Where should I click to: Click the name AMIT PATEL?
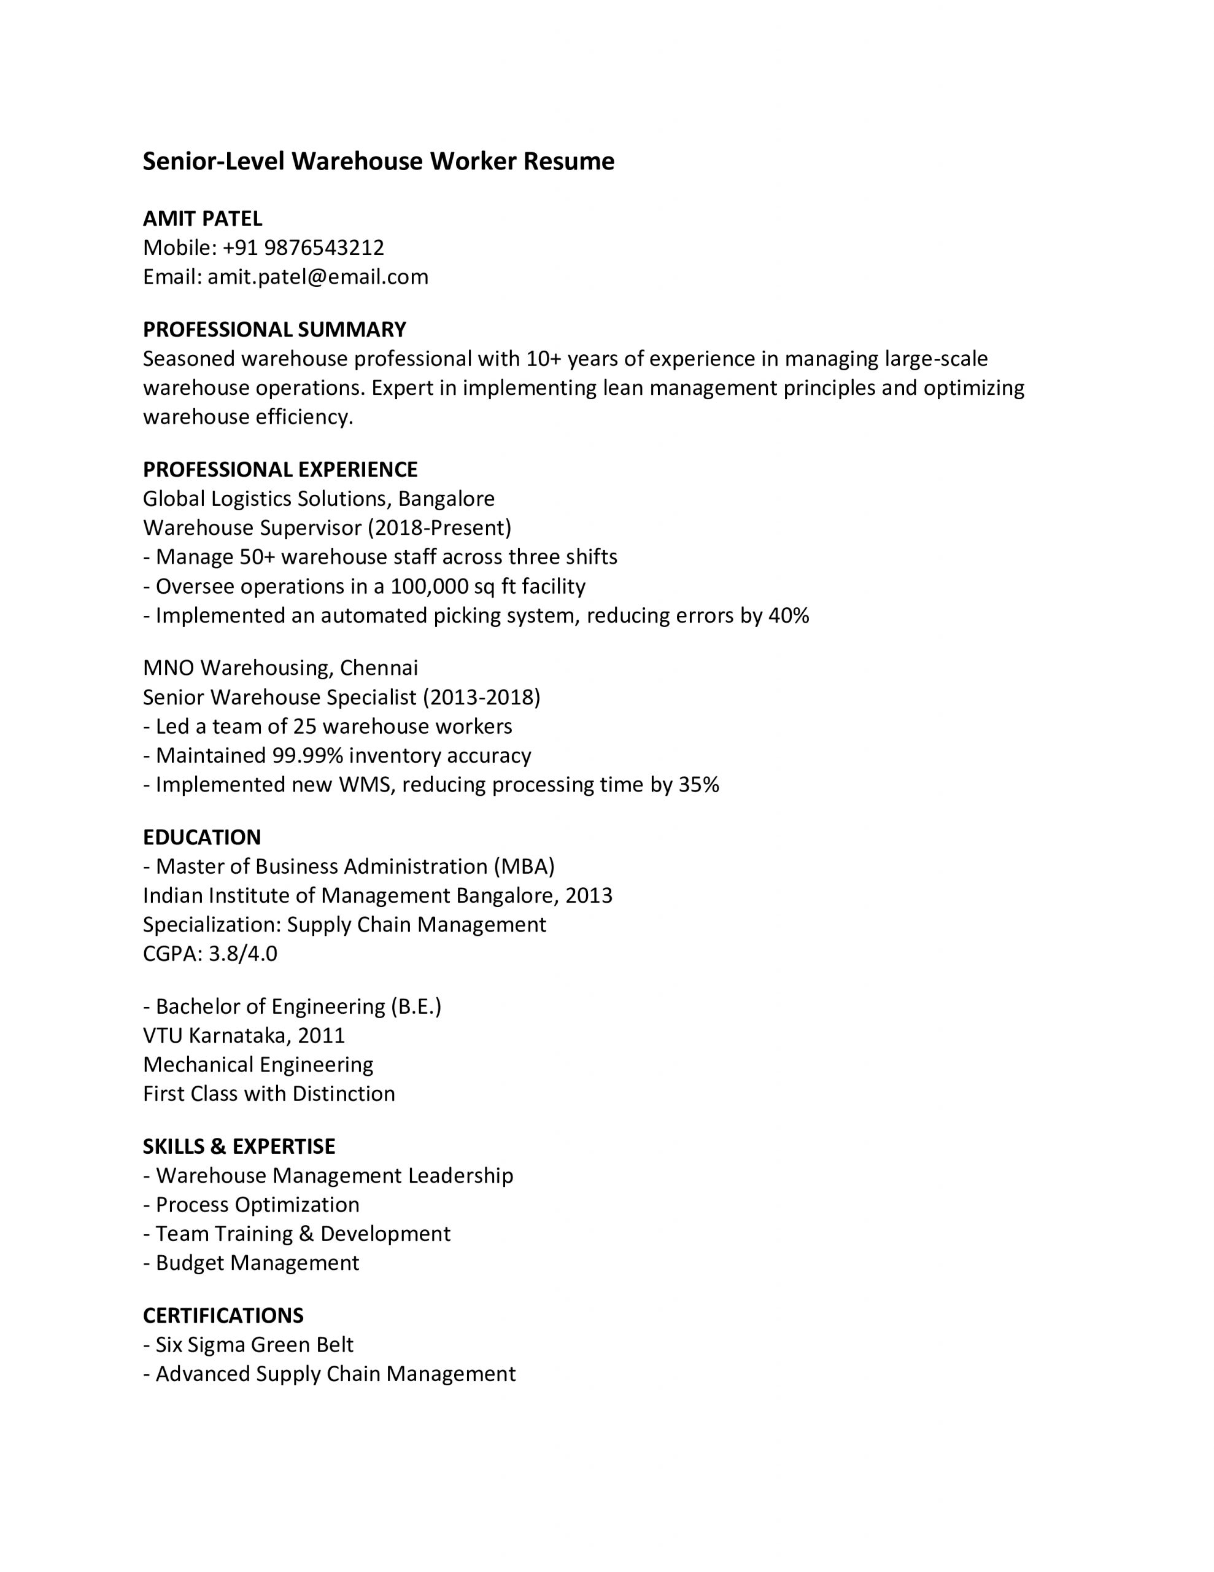pyautogui.click(x=202, y=218)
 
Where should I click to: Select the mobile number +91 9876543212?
pyautogui.click(x=303, y=247)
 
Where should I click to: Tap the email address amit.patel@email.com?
pyautogui.click(x=317, y=277)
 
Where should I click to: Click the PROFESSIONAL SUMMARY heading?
pyautogui.click(x=274, y=330)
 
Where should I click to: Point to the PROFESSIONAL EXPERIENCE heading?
pyautogui.click(x=280, y=469)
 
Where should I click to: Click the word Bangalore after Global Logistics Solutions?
pyautogui.click(x=446, y=499)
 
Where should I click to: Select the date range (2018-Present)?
pyautogui.click(x=439, y=527)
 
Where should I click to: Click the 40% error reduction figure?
pyautogui.click(x=789, y=615)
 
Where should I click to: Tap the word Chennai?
pyautogui.click(x=379, y=668)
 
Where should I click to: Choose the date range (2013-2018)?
pyautogui.click(x=481, y=697)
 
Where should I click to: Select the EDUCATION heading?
pyautogui.click(x=201, y=837)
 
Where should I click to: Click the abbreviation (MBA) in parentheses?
pyautogui.click(x=524, y=866)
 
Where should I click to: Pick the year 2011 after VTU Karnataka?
pyautogui.click(x=321, y=1035)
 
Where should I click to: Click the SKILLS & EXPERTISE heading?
pyautogui.click(x=239, y=1146)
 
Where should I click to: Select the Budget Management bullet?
pyautogui.click(x=257, y=1263)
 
